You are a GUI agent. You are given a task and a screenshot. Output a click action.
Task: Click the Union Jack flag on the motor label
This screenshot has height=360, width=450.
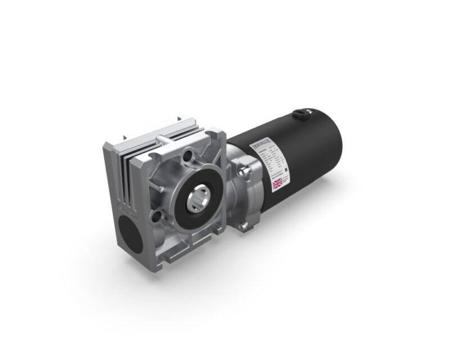[278, 183]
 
